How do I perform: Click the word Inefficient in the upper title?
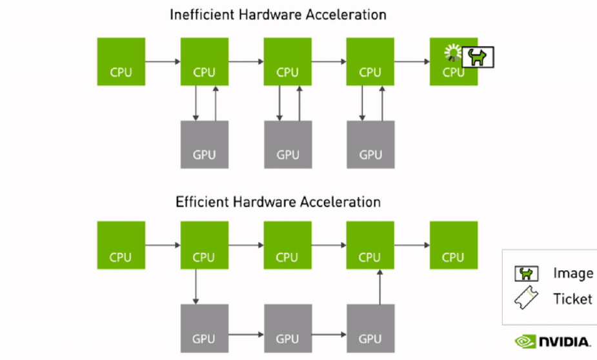coord(196,14)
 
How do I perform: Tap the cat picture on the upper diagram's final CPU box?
coord(478,57)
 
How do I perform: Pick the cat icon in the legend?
coord(526,274)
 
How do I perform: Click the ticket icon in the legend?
coord(526,298)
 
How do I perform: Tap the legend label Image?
coord(573,274)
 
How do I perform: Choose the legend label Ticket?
coord(572,299)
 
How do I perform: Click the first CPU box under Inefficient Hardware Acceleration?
coord(121,61)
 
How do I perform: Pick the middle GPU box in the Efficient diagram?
coord(287,326)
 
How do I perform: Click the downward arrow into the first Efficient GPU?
coord(196,286)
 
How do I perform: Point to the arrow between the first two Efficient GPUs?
coord(246,335)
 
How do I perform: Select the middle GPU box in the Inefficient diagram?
coord(287,145)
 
